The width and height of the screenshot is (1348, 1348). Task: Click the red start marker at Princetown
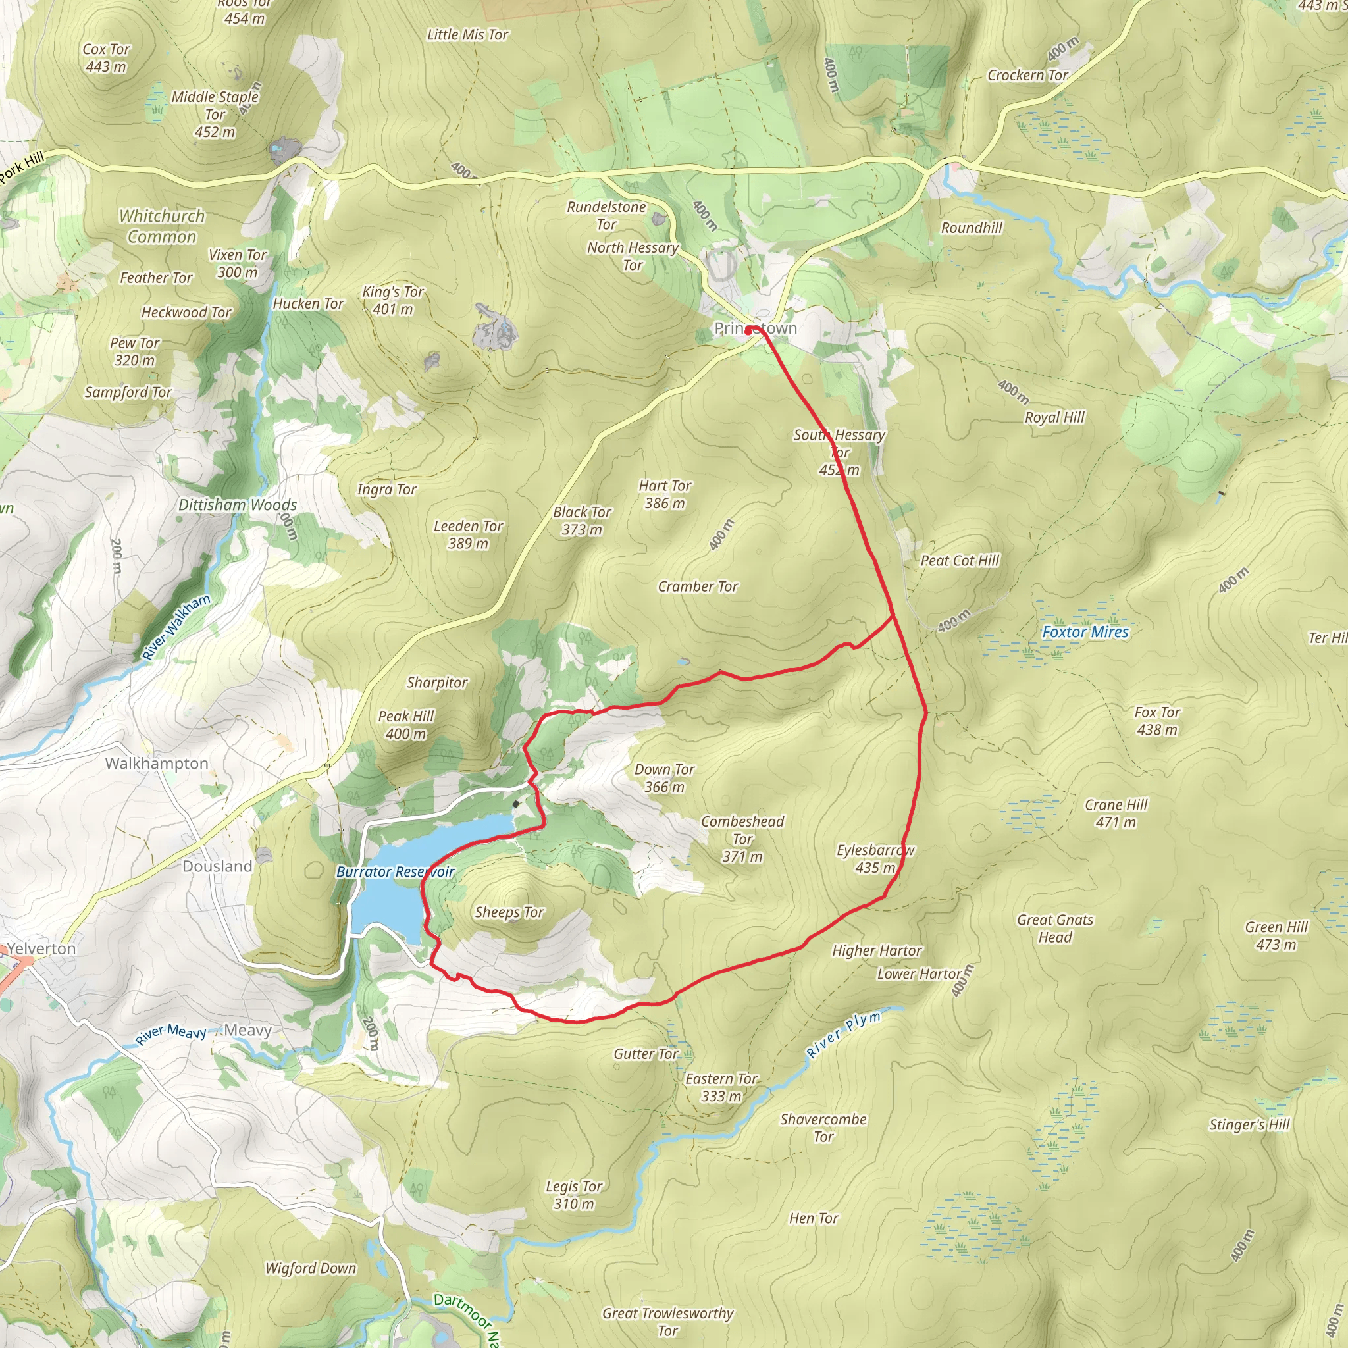click(x=748, y=330)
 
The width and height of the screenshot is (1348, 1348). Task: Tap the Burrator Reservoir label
click(x=395, y=871)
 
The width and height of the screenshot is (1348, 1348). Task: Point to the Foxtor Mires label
click(x=1085, y=632)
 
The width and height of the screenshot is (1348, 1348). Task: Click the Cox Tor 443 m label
click(x=106, y=58)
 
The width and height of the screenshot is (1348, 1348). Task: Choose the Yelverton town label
click(x=42, y=949)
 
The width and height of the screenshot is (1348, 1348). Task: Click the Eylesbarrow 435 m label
click(x=875, y=859)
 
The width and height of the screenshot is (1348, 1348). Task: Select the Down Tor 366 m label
click(x=664, y=778)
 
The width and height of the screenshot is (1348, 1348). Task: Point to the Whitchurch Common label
click(x=162, y=226)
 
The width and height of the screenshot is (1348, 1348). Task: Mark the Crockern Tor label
click(x=1027, y=75)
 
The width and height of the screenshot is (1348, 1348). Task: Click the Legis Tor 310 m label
click(x=573, y=1195)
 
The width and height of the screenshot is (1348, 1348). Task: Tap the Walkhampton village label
click(x=157, y=764)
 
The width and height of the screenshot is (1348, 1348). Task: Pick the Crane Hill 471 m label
click(x=1116, y=814)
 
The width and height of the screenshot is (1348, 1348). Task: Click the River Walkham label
click(x=176, y=627)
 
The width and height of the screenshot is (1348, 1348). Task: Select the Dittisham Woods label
click(x=237, y=504)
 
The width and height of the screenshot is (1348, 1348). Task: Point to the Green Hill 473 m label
click(x=1276, y=936)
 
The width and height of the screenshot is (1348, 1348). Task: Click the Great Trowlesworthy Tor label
click(x=667, y=1322)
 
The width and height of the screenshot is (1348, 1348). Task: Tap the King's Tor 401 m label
click(x=393, y=300)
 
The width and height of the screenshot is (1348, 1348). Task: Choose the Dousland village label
click(x=217, y=866)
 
